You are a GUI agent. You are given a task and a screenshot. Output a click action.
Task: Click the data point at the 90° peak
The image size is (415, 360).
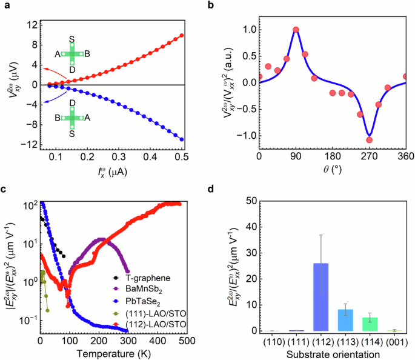click(296, 29)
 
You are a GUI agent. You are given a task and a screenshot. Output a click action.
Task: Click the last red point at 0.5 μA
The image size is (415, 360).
click(182, 36)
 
